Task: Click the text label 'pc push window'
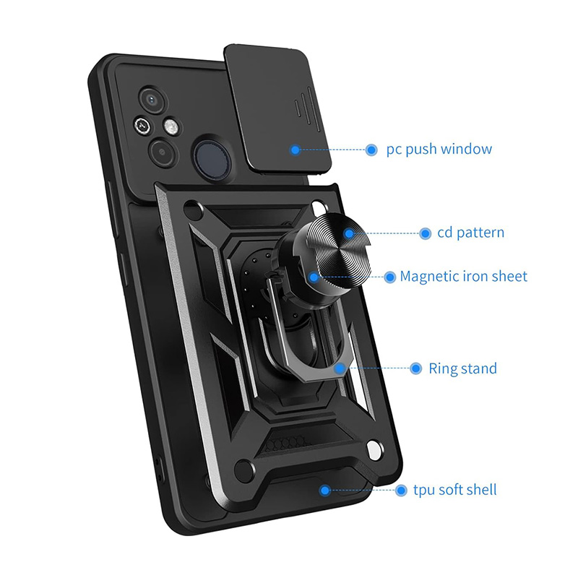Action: coord(439,150)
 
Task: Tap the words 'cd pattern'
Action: coord(470,233)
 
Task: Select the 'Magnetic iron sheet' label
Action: coord(463,276)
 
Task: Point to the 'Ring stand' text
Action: coord(462,368)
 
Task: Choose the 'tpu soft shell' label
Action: coord(456,490)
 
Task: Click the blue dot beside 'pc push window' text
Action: coord(371,150)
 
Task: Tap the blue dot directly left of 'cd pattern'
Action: coord(426,233)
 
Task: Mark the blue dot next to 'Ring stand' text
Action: coord(415,368)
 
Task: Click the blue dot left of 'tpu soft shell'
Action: coord(401,490)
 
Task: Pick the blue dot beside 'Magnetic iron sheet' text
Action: coord(389,276)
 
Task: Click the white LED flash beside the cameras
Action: coord(171,127)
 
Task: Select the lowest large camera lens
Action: coord(160,152)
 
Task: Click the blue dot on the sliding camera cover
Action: coord(295,150)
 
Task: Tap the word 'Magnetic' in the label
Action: coord(428,276)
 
